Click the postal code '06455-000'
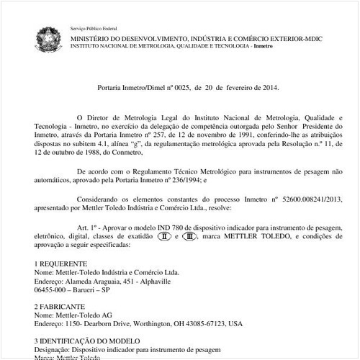[52, 289]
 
